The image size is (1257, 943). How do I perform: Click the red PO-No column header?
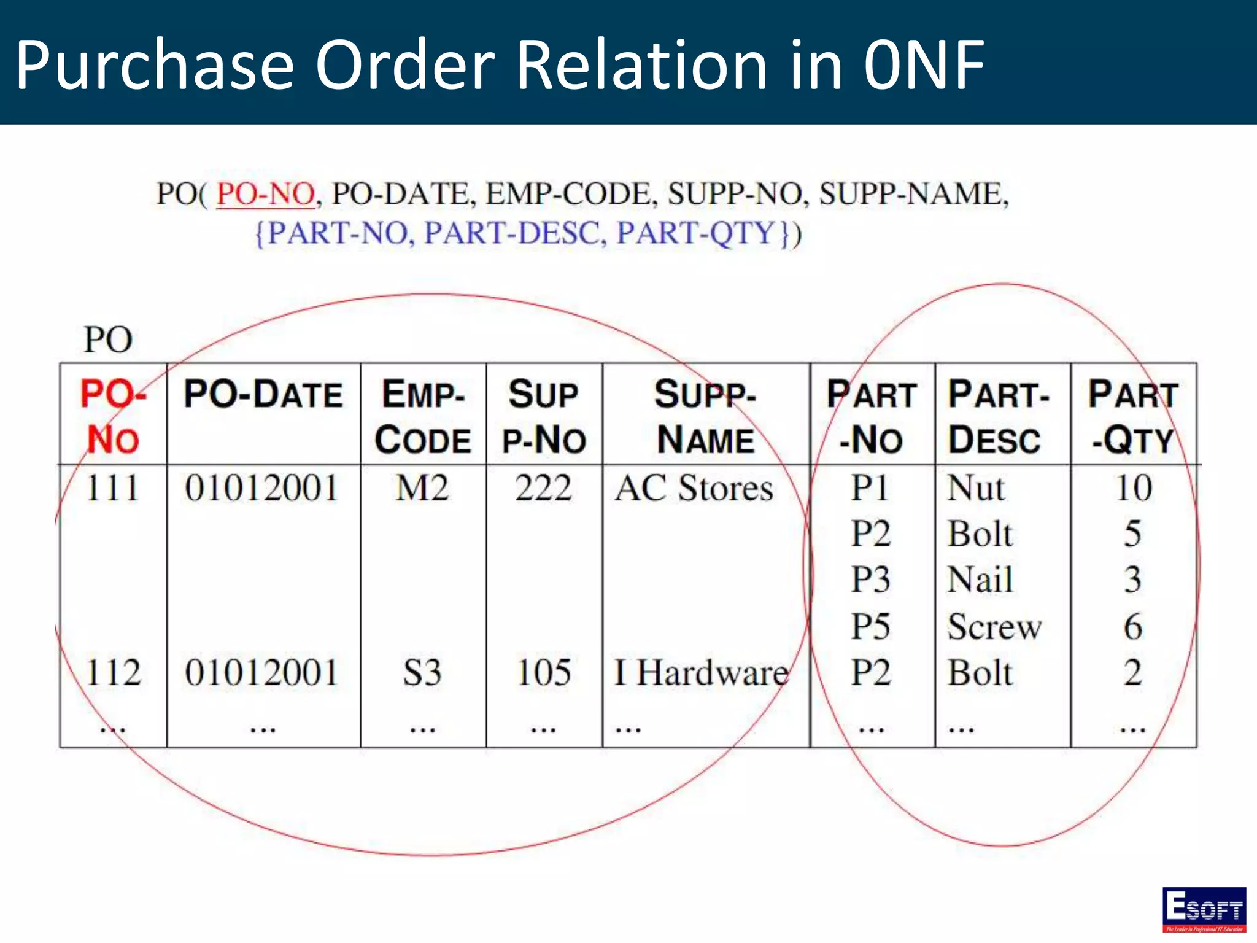tap(114, 416)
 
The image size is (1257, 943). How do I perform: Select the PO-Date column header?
tap(263, 394)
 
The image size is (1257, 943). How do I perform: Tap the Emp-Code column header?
tap(423, 416)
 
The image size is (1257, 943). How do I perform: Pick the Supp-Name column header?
tap(705, 416)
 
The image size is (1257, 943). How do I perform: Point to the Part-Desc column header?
tap(998, 416)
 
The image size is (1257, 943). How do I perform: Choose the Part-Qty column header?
tap(1133, 416)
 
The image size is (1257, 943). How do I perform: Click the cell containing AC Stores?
tap(694, 489)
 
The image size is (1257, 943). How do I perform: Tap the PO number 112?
tap(114, 672)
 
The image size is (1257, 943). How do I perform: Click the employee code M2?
tap(422, 489)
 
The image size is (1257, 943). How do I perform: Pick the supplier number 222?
tap(543, 489)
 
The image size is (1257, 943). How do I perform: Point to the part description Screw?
tap(994, 627)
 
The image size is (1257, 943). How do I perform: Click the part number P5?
tap(870, 627)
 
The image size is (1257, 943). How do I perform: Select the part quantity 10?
tap(1133, 489)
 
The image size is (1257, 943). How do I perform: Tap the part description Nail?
tap(980, 580)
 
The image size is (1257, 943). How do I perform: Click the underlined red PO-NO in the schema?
tap(265, 194)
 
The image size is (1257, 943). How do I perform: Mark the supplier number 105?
tap(543, 672)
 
